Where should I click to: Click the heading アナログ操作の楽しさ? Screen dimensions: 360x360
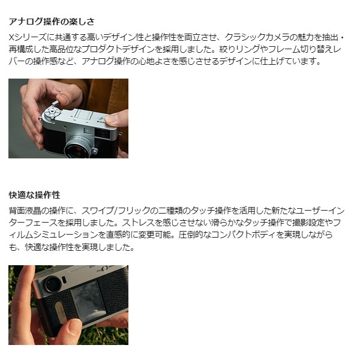point(52,22)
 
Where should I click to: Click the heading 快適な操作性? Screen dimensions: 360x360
point(34,195)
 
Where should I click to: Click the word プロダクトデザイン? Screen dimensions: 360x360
point(122,49)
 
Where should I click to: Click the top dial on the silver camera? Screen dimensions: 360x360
point(53,113)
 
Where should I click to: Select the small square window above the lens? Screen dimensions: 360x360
point(88,131)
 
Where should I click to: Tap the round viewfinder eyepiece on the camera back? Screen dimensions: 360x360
point(53,285)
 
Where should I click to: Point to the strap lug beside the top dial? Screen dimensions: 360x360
point(40,119)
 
